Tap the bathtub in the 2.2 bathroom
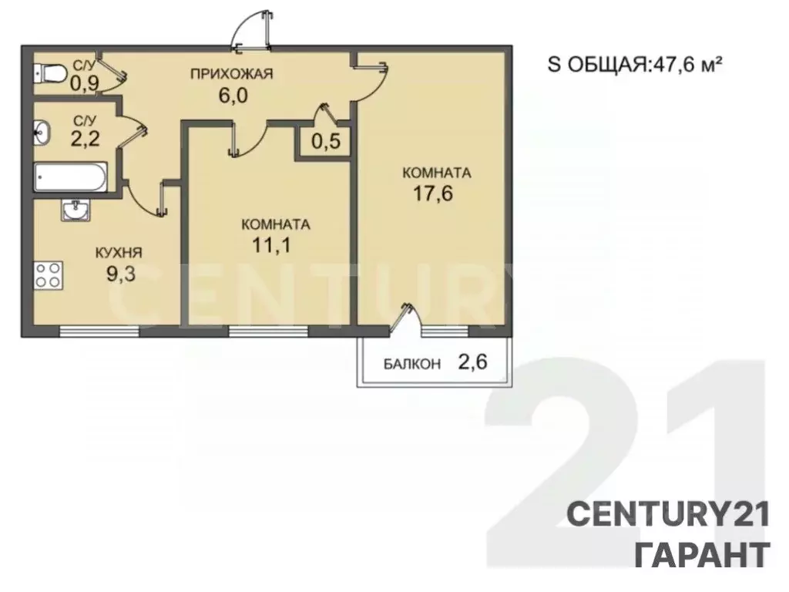(x=70, y=178)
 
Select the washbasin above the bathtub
(x=42, y=133)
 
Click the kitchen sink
(x=75, y=209)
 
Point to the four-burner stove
(x=48, y=275)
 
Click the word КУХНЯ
(x=119, y=252)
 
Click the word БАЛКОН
(x=412, y=364)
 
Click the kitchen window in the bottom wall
(x=99, y=331)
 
